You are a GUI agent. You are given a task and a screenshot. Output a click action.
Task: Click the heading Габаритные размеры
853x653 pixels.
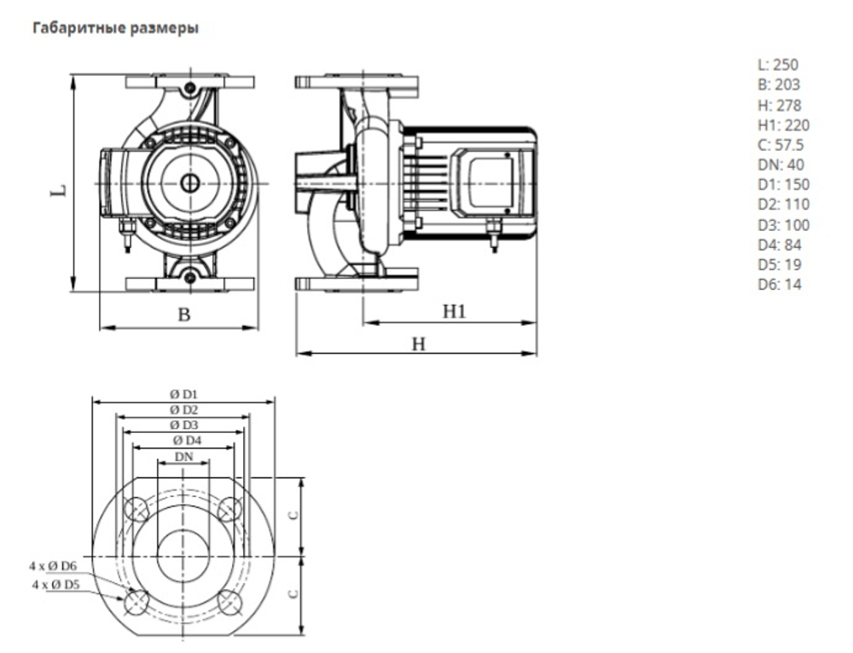click(115, 29)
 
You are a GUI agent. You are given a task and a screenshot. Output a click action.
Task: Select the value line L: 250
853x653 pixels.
click(778, 65)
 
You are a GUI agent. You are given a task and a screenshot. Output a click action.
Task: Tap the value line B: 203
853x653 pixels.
click(779, 84)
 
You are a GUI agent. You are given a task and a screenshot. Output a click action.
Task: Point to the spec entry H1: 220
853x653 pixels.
click(783, 125)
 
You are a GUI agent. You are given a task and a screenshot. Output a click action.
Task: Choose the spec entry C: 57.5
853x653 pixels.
click(780, 145)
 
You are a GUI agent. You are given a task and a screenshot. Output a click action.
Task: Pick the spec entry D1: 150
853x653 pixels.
click(783, 185)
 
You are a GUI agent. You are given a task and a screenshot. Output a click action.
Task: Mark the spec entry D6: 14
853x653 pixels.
click(780, 285)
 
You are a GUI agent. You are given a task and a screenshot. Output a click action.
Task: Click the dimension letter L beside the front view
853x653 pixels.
click(57, 189)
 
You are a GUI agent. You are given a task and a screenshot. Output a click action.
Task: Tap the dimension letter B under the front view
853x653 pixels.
click(183, 315)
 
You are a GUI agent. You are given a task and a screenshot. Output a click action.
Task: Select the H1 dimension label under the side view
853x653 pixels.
click(454, 312)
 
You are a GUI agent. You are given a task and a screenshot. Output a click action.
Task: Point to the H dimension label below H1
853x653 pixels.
click(418, 344)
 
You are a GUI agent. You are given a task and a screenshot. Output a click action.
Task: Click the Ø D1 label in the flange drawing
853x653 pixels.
click(183, 394)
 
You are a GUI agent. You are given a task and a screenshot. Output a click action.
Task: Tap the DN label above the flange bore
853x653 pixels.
click(184, 457)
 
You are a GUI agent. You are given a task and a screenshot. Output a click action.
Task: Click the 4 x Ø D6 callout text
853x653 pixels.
click(53, 566)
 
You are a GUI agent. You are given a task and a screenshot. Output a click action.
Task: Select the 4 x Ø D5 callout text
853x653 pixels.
click(55, 585)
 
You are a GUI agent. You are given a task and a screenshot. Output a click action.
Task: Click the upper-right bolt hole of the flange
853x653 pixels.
click(230, 510)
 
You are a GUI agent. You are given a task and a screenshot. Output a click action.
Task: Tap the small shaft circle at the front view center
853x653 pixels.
click(189, 182)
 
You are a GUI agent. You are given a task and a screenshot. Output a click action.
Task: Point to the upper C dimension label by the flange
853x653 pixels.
click(293, 516)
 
